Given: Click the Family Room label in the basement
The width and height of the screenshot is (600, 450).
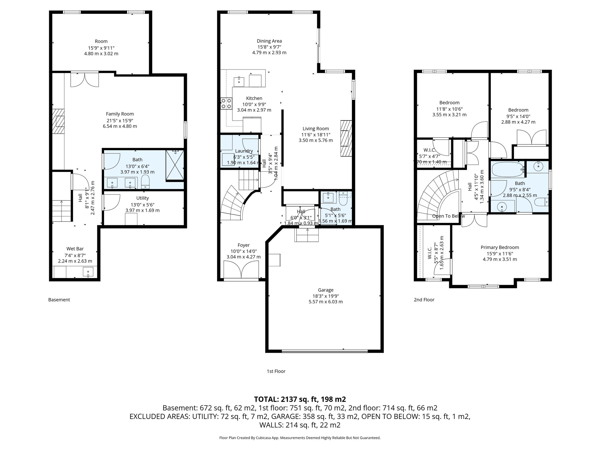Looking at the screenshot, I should pos(120,114).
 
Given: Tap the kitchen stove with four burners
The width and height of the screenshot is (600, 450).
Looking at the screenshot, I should pos(226,103).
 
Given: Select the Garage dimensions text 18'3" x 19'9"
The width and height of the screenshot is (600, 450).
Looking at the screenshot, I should pos(325,296).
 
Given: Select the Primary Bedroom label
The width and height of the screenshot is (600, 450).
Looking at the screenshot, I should pos(500,248).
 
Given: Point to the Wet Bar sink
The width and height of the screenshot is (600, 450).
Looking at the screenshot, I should pos(88,272).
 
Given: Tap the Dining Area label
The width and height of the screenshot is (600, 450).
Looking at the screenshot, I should pos(269,41).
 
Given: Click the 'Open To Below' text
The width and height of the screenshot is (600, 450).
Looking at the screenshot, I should pos(448,216).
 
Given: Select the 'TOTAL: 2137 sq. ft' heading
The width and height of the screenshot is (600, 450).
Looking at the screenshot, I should pos(300,399).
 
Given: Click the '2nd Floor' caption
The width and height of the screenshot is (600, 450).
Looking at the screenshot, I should pos(424,300).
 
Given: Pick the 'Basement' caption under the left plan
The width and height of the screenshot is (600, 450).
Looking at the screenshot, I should pos(59,300).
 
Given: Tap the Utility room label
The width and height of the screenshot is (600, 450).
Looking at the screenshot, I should pos(142,198).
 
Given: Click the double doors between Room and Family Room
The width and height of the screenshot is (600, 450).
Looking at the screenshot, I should pos(85,79).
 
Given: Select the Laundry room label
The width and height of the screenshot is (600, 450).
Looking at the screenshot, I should pos(244,151).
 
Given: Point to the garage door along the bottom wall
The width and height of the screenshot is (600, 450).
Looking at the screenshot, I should pos(324,351).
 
